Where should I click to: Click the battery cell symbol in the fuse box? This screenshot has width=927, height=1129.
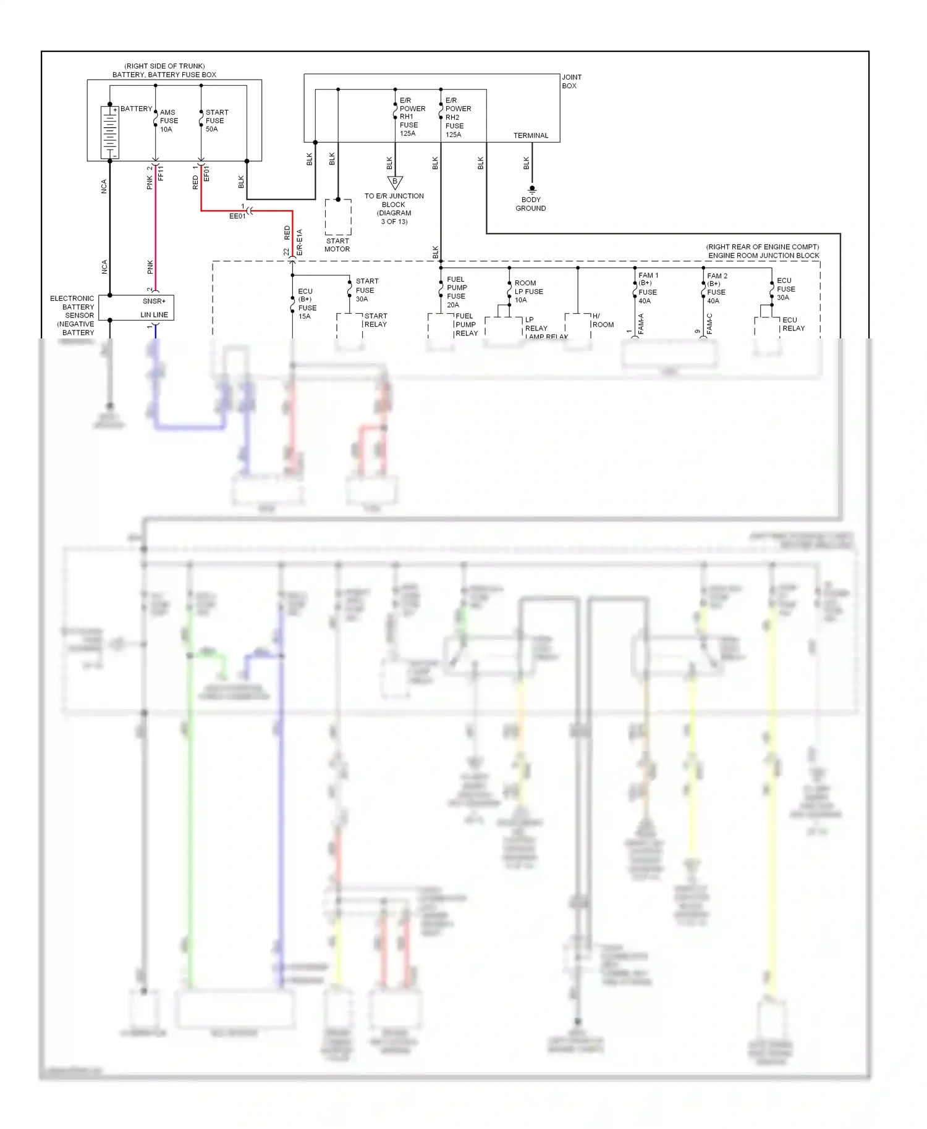point(109,132)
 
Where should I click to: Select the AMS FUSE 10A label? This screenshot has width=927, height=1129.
point(169,121)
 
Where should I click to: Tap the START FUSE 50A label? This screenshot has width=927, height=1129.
point(216,121)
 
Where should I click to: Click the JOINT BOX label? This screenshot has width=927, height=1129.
point(571,82)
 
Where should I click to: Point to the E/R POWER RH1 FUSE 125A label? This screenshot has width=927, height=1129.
point(412,117)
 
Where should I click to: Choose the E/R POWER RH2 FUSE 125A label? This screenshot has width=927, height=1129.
point(457,117)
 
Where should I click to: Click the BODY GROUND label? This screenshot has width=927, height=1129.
point(530,204)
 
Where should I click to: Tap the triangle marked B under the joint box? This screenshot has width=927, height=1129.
point(395,182)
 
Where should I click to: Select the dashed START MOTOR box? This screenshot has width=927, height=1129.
point(338,217)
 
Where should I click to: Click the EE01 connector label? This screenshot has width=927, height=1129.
point(237,217)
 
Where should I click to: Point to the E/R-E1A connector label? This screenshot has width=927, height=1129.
point(300,243)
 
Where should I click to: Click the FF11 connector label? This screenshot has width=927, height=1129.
point(161,174)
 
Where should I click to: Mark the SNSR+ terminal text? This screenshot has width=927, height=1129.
point(154,301)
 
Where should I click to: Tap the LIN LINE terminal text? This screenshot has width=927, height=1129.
point(154,315)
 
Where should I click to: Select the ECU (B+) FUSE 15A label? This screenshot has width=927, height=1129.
point(307,304)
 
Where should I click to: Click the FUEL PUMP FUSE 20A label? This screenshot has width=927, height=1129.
point(457,292)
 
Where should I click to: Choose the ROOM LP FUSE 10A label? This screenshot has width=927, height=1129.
point(528,292)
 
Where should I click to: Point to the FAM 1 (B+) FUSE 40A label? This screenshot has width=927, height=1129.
point(648,288)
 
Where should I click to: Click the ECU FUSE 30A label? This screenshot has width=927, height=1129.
point(785,289)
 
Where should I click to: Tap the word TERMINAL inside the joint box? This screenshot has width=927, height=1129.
point(530,136)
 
